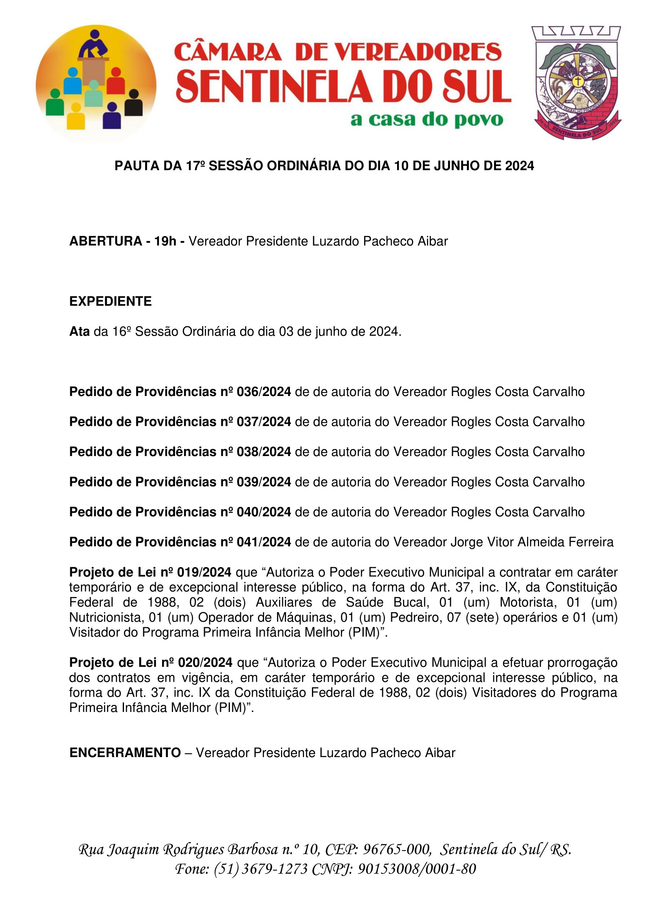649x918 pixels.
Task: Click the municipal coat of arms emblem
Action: (577, 83)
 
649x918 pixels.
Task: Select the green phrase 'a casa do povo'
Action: (427, 120)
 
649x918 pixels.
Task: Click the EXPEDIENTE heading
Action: (110, 301)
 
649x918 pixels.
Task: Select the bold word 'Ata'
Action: (79, 332)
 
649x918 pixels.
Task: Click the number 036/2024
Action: (264, 392)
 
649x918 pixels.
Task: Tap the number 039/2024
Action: (264, 482)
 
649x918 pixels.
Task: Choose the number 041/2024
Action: (264, 542)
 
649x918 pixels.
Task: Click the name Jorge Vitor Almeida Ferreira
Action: (532, 542)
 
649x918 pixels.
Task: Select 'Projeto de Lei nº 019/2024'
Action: (150, 573)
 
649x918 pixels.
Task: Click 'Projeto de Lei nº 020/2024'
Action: (151, 663)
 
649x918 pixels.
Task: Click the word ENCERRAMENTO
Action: (125, 753)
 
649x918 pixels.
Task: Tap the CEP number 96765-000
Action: (397, 849)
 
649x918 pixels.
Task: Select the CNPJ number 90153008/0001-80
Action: (416, 869)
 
